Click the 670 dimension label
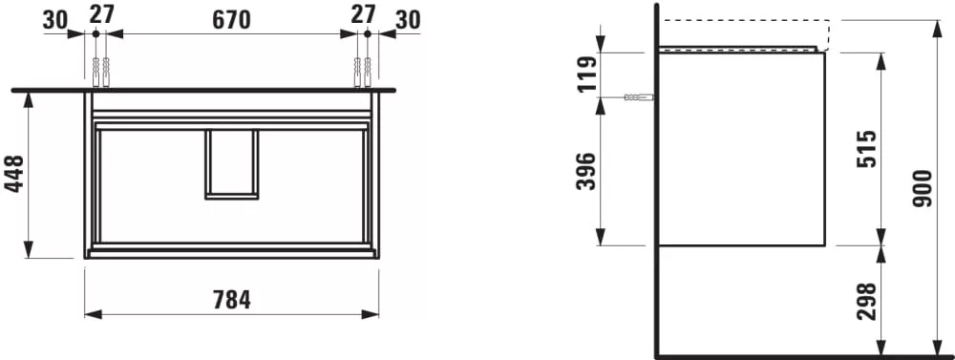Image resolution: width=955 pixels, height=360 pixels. pyautogui.click(x=231, y=20)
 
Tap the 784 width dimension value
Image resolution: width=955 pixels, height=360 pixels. pyautogui.click(x=232, y=300)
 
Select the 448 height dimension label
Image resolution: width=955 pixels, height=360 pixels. pyautogui.click(x=14, y=174)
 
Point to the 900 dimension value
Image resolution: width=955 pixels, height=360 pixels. pyautogui.click(x=923, y=189)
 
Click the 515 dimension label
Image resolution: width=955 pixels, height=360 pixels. pyautogui.click(x=866, y=149)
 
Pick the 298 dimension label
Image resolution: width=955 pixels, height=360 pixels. pyautogui.click(x=866, y=302)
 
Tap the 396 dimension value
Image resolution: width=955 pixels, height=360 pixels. pyautogui.click(x=586, y=171)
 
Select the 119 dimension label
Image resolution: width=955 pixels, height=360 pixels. pyautogui.click(x=587, y=74)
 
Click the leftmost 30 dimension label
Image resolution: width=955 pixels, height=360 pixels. pyautogui.click(x=55, y=21)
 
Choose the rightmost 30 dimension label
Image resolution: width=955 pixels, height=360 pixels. pyautogui.click(x=408, y=20)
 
